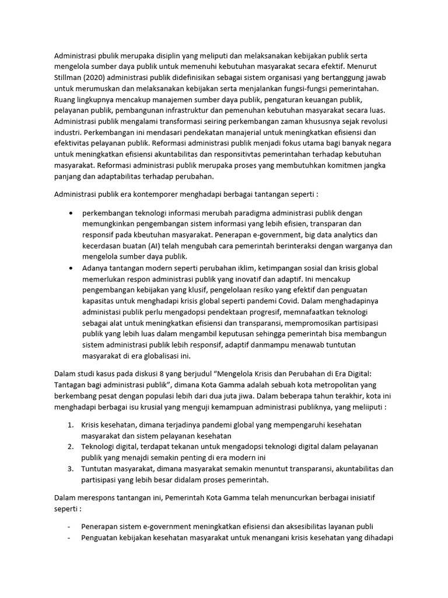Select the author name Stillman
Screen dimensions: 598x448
69,78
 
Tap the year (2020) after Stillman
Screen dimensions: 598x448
102,78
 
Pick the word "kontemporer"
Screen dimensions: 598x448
148,193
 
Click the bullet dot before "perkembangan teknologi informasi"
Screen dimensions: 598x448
71,213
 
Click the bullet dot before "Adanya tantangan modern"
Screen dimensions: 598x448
71,268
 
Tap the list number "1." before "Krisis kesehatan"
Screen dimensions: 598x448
70,425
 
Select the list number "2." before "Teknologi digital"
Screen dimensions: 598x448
70,447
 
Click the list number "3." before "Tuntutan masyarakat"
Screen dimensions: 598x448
70,468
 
